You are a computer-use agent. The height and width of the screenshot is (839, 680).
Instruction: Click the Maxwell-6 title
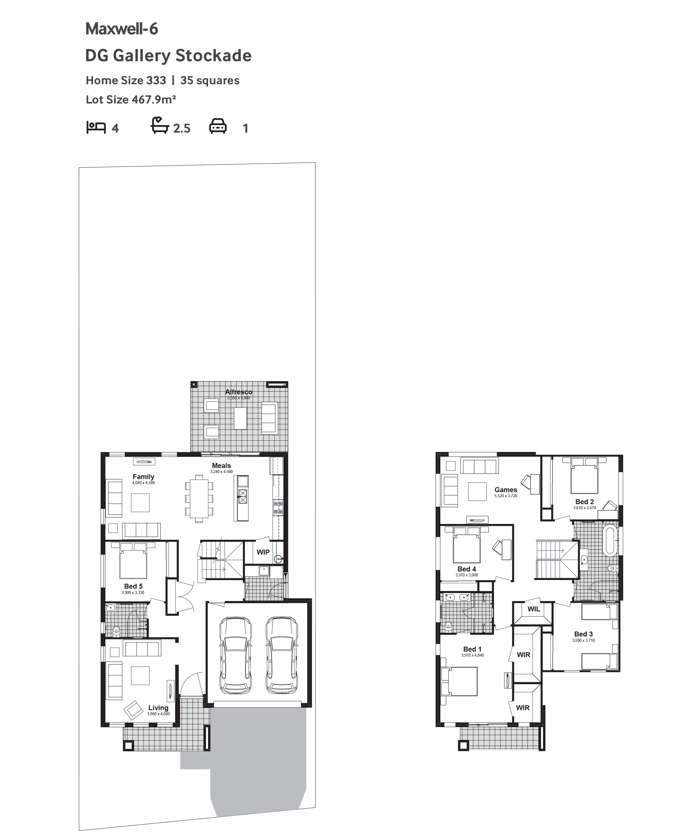pos(121,29)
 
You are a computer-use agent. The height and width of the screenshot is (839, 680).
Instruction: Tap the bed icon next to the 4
pos(96,128)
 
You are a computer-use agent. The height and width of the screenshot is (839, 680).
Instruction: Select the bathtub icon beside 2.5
pos(160,125)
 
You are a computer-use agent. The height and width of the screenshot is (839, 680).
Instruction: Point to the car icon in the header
pos(218,126)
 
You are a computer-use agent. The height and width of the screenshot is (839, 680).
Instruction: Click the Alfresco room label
pos(239,392)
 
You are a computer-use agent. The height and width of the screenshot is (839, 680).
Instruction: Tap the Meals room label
pos(221,466)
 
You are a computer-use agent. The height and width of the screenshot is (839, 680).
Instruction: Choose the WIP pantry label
pos(263,552)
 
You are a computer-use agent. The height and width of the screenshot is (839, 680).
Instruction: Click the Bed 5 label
pos(133,586)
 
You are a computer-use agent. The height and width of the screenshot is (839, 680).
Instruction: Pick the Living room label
pos(158,708)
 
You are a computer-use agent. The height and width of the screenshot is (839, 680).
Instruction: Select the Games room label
pos(506,490)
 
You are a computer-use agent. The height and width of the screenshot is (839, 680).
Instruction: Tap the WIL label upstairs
pos(534,609)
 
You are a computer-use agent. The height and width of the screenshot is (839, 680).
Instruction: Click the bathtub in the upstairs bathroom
pos(609,540)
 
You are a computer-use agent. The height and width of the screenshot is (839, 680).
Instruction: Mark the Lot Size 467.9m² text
pos(131,100)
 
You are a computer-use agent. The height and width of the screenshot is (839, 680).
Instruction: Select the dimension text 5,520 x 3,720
pos(506,496)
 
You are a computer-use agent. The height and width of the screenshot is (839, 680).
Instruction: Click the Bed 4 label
pos(467,569)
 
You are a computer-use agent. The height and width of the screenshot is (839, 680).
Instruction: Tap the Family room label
pos(143,477)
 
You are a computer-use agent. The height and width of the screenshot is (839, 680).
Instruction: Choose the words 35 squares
pos(210,81)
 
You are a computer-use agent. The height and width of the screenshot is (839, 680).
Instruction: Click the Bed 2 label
pos(584,502)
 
